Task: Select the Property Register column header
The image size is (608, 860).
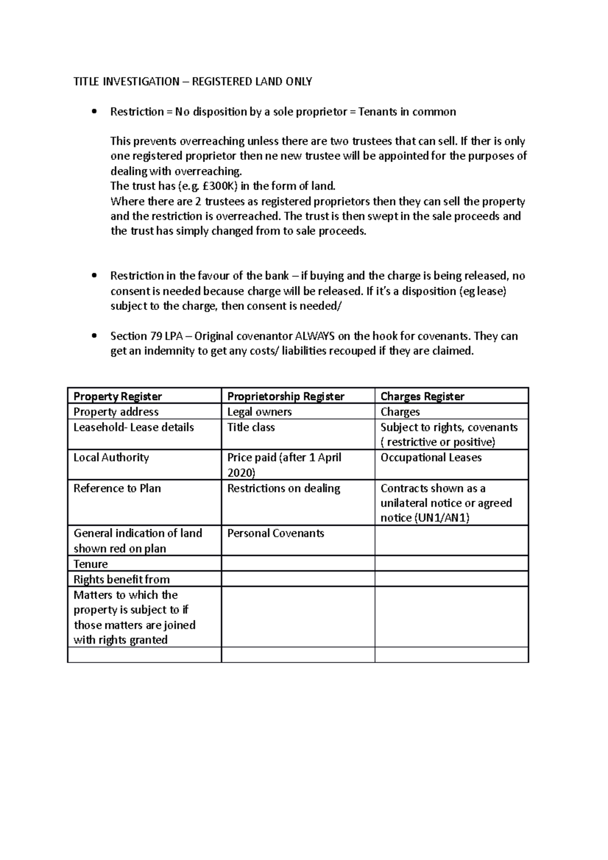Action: point(118,397)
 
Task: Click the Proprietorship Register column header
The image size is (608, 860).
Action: point(286,397)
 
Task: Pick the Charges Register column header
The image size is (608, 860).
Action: point(422,397)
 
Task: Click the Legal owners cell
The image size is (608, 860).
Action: point(259,412)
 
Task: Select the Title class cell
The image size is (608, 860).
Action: point(251,427)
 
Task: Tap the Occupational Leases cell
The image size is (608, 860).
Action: point(431,458)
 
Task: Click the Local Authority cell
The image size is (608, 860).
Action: point(111,458)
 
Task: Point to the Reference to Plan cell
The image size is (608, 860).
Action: point(117,489)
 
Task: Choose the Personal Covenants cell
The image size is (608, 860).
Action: point(276,533)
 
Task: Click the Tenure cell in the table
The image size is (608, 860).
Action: point(91,564)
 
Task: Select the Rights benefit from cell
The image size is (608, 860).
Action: point(122,579)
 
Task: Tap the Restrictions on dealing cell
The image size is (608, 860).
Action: point(284,489)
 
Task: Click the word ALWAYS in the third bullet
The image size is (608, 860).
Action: point(315,336)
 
